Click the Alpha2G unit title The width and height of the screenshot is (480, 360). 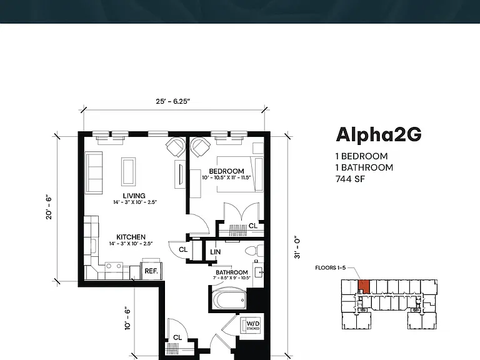pos(379,135)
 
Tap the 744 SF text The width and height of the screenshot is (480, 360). pos(350,179)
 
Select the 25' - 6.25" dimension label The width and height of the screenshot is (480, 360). pos(173,101)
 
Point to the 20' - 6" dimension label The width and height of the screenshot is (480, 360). pos(49,207)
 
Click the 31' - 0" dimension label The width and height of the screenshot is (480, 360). pos(297,247)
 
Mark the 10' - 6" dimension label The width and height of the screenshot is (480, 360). pos(127,318)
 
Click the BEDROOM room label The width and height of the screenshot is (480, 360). pos(226,171)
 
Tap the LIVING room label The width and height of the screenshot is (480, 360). pos(134,196)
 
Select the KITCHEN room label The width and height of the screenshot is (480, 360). pos(131,237)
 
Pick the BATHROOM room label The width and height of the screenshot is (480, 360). pos(232,272)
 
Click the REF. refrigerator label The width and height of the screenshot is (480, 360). pos(151,271)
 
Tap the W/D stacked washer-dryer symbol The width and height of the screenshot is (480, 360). pos(252,325)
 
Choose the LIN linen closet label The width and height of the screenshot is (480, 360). pos(215,252)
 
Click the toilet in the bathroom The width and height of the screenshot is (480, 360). pos(254,251)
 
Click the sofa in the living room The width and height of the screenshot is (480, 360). pos(94,172)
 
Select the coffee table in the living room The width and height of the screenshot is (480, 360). pos(129,172)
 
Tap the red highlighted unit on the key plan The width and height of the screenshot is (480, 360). pos(364,286)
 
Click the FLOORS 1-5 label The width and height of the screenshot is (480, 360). pos(330,268)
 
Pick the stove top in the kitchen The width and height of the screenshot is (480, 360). pos(114,266)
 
